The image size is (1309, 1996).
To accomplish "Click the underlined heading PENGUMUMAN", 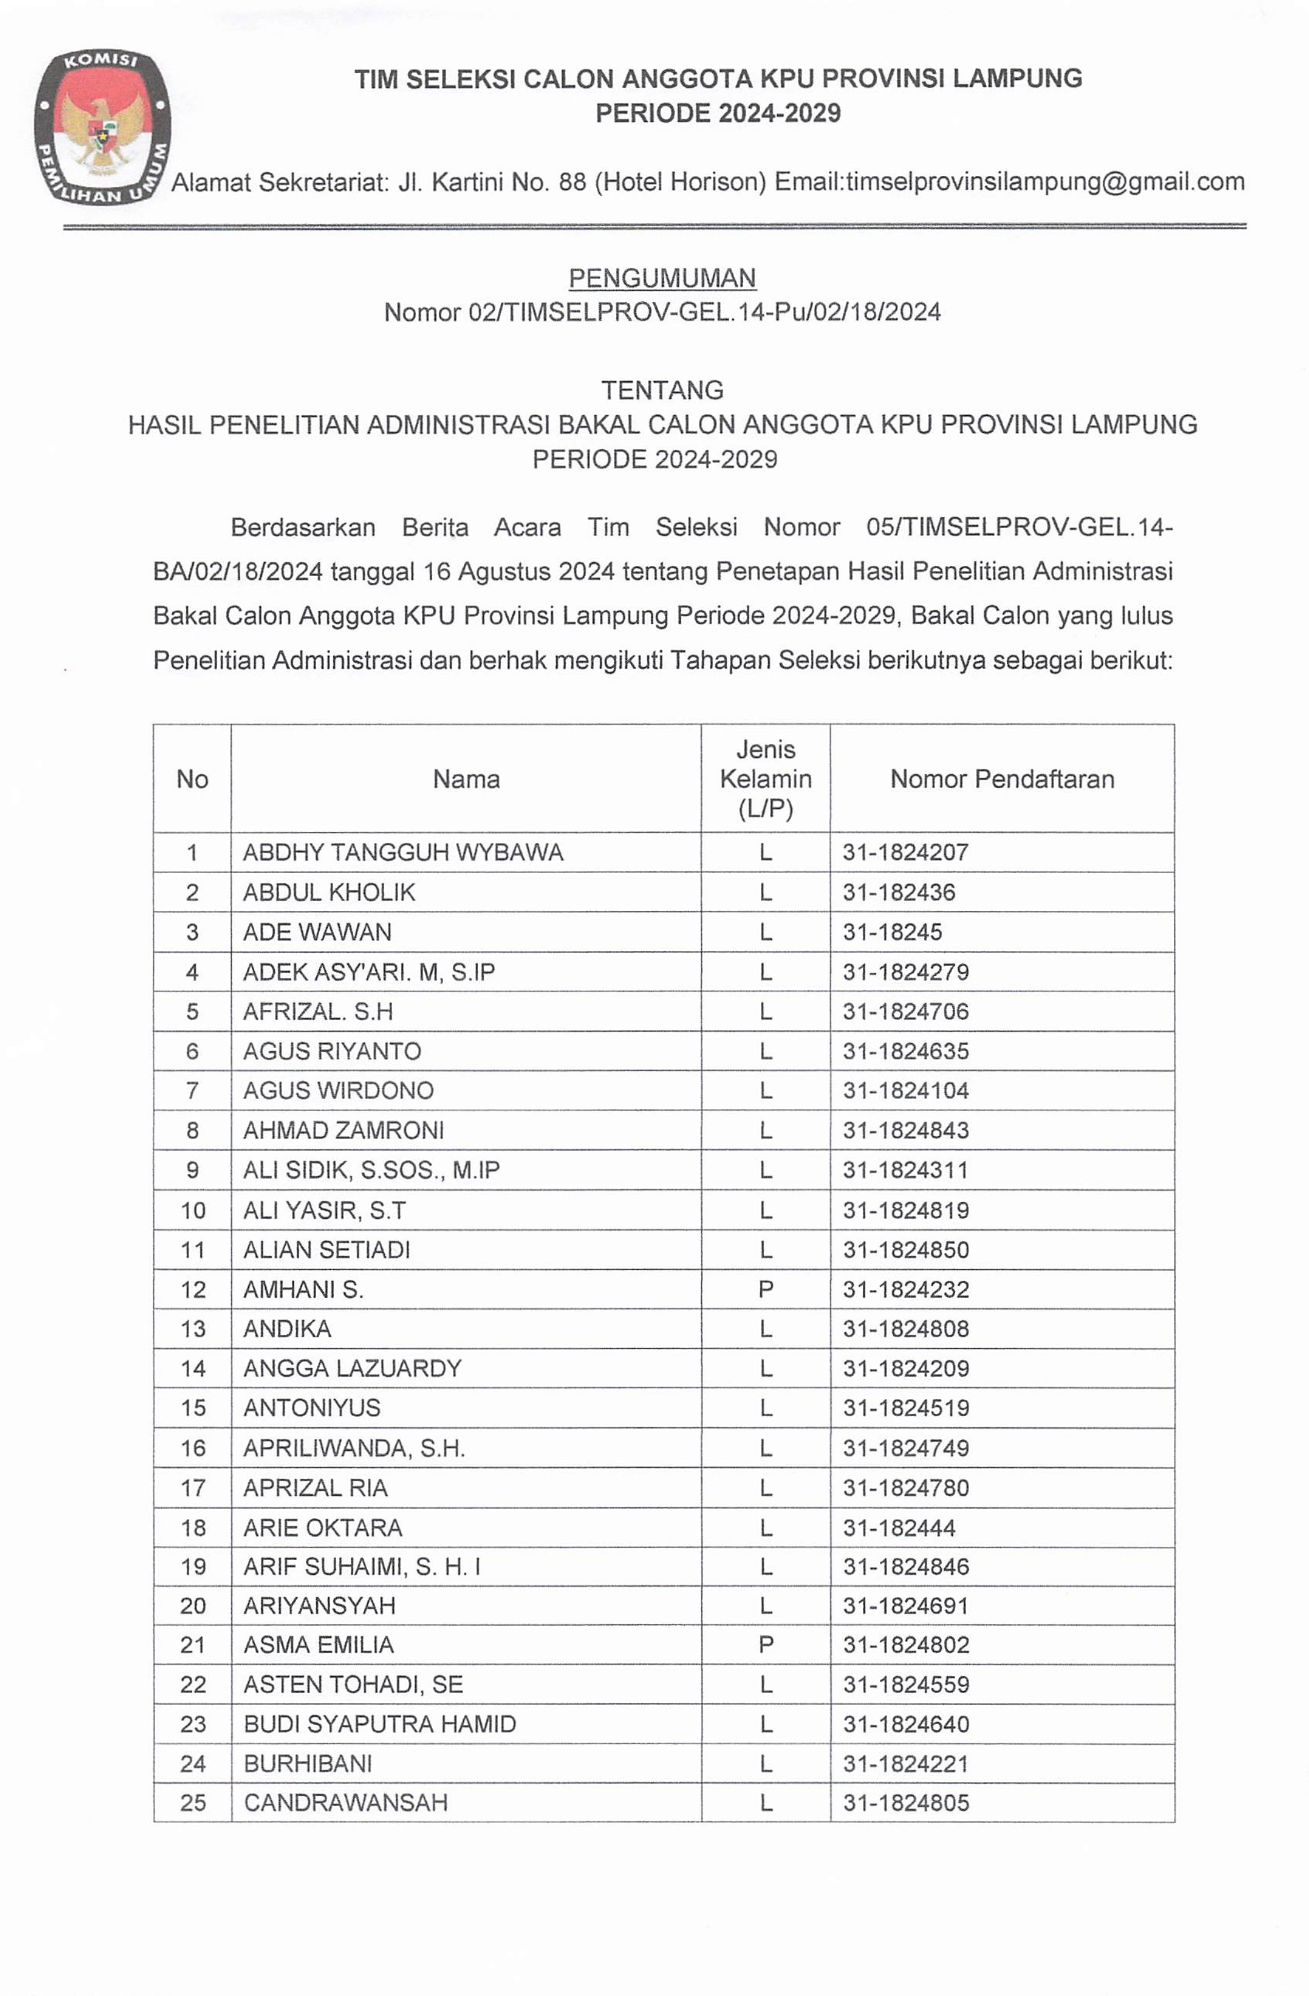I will click(x=662, y=277).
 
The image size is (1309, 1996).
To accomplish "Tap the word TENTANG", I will click(x=662, y=390).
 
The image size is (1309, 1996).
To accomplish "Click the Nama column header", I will click(x=466, y=779).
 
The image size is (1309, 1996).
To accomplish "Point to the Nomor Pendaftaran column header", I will click(x=1002, y=779).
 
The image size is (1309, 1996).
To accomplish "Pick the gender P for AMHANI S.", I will click(x=765, y=1289).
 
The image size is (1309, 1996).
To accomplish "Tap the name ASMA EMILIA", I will click(x=319, y=1645).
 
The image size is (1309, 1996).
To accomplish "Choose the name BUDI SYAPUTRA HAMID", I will click(x=380, y=1724).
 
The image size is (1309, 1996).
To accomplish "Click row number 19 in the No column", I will click(x=193, y=1566).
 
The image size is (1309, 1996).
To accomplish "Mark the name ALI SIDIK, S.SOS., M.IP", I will click(x=371, y=1170).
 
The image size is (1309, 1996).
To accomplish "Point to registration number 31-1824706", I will click(x=906, y=1011).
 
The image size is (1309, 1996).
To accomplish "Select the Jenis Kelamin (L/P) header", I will click(x=765, y=779).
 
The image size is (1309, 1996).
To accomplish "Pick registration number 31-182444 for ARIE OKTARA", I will click(x=899, y=1527).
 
